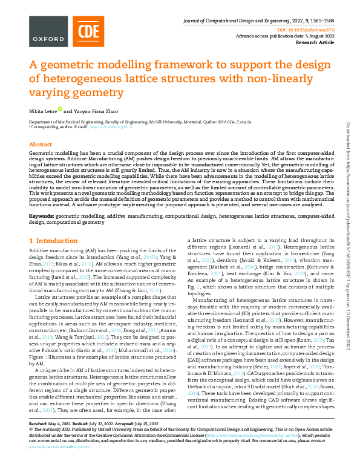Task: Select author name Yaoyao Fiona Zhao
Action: tap(97, 111)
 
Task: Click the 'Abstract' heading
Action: tap(40, 145)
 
